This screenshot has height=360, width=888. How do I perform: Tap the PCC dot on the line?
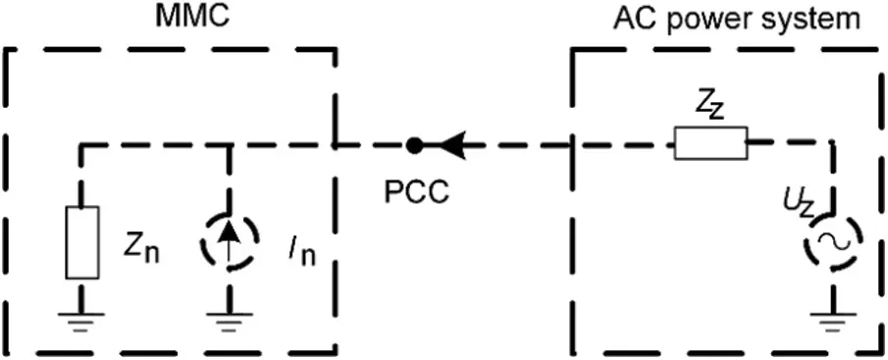pos(415,145)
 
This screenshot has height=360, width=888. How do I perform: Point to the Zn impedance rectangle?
pos(81,241)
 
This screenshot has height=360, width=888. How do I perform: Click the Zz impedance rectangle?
pos(710,143)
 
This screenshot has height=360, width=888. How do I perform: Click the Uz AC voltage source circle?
pos(834,241)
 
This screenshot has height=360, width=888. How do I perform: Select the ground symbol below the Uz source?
pos(834,319)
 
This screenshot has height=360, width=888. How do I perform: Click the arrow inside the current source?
pos(229,241)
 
